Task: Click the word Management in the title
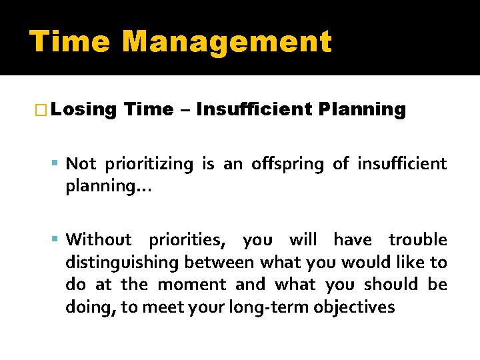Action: (227, 41)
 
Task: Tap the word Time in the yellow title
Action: (70, 41)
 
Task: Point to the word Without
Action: (99, 239)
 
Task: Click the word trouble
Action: (417, 239)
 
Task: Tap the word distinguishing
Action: (123, 262)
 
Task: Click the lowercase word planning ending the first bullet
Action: (107, 187)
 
